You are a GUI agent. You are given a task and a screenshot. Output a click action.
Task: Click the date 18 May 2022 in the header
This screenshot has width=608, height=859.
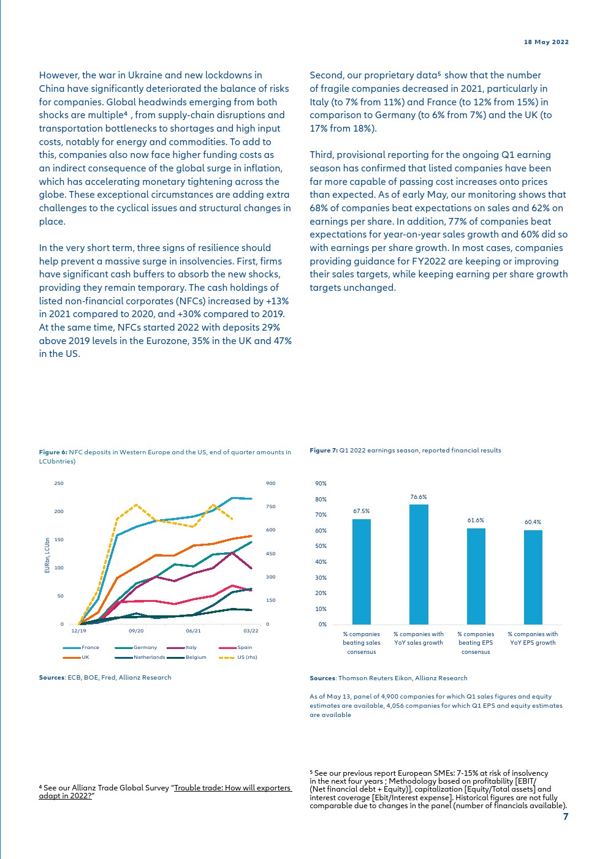546,42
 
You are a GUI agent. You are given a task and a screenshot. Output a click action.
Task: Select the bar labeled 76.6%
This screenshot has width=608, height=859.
419,564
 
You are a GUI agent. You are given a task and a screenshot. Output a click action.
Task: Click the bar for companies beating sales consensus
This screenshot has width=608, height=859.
362,571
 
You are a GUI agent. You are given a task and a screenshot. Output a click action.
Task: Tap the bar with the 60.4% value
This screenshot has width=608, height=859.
533,577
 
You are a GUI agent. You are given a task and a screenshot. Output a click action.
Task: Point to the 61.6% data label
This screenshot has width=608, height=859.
476,520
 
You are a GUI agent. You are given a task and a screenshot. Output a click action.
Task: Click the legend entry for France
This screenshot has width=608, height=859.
81,647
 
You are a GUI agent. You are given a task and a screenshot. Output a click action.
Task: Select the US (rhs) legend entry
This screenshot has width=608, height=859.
238,657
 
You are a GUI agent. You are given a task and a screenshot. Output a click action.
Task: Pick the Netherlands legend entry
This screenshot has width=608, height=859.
140,657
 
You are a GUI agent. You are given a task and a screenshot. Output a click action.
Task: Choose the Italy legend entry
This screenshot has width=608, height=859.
182,647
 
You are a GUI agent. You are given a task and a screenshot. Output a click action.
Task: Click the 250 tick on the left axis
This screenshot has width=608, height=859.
59,483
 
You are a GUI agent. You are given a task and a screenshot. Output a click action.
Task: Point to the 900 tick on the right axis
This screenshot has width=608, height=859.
271,483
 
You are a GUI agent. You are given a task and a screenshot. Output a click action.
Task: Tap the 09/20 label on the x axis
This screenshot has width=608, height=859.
136,631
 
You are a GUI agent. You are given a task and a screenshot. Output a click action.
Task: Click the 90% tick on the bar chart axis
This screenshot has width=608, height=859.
321,484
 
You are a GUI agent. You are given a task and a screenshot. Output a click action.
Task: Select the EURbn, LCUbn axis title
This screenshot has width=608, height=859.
47,555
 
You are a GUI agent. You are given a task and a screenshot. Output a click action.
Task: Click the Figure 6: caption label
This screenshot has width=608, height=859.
53,452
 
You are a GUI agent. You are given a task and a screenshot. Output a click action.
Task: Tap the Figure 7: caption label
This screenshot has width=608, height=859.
324,450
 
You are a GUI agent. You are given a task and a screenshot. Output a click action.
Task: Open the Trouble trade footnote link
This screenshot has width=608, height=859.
165,792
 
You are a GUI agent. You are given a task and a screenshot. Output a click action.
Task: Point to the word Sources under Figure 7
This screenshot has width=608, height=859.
322,678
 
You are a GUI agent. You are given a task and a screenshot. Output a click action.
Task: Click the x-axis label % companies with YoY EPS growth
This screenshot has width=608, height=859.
533,639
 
